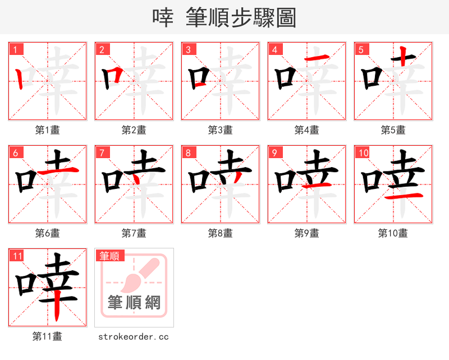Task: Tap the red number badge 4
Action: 274,49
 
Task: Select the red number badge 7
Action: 102,153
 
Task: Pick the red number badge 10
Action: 363,153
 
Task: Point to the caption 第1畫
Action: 48,130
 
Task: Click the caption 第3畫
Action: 221,130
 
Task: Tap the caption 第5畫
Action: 393,130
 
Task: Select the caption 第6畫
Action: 48,233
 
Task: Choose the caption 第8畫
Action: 221,233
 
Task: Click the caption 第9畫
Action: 307,233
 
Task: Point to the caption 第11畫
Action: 48,336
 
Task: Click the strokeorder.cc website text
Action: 134,337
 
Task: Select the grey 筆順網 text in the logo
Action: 134,303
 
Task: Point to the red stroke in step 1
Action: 20,79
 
